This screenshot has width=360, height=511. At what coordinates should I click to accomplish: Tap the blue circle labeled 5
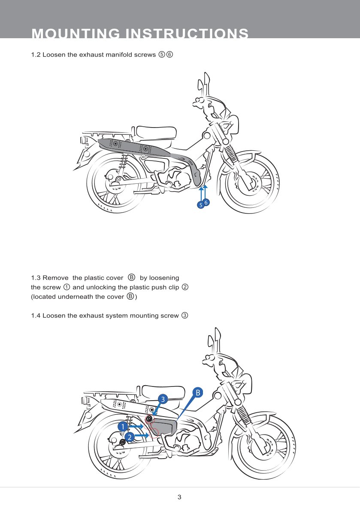coord(200,205)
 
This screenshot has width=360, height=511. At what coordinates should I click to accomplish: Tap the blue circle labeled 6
coord(206,202)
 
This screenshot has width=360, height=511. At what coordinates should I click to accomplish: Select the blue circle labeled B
coord(197,392)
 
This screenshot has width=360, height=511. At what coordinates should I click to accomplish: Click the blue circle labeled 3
coord(162,399)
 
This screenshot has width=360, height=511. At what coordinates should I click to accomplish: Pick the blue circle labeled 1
coord(123,427)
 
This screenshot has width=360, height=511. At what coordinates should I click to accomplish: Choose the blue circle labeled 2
coord(130,436)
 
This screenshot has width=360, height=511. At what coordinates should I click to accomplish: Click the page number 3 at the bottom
coord(179,497)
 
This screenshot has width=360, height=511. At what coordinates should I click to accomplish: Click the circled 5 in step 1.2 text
coord(161,55)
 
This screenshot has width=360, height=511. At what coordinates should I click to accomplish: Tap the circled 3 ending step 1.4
coord(184,316)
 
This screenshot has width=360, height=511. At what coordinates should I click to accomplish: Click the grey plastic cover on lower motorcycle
coord(165,427)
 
